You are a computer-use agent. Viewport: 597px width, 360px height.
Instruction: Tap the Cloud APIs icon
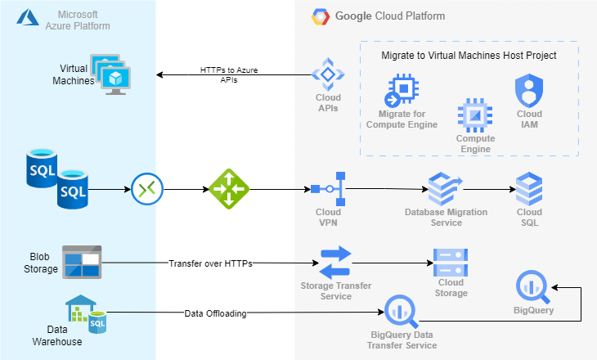tap(328, 74)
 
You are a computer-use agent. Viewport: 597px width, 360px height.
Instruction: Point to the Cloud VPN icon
tap(329, 189)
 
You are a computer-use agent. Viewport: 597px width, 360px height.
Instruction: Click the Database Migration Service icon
tap(446, 189)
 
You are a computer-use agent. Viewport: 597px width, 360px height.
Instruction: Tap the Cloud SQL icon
tap(529, 189)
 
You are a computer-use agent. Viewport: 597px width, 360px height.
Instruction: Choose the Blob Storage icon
tap(82, 262)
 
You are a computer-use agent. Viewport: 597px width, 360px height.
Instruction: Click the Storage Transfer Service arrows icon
tap(334, 263)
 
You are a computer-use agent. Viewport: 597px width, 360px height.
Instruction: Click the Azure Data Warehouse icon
tap(86, 313)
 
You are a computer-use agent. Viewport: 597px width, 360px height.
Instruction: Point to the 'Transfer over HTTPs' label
tap(209, 263)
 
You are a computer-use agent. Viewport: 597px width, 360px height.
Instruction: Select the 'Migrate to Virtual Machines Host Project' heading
tap(469, 56)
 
